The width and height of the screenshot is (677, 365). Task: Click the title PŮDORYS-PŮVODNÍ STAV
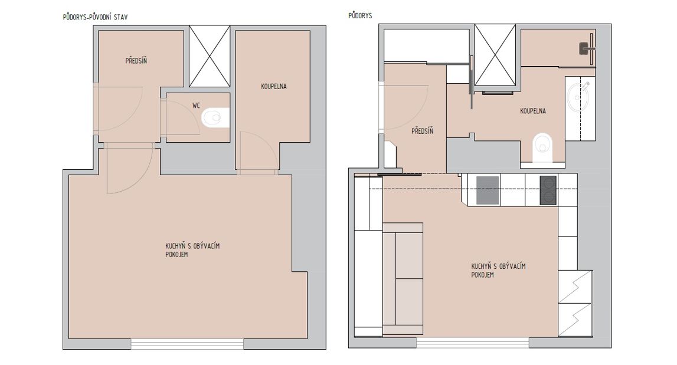coord(96,17)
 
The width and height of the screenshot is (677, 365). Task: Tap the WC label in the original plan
coord(197,106)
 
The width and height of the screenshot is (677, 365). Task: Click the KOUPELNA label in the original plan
coord(274,86)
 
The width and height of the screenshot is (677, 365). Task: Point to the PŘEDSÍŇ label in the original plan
coord(136,61)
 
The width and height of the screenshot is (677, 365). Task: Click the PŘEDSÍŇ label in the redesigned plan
coord(422,131)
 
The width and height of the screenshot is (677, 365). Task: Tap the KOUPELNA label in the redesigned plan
coord(533,111)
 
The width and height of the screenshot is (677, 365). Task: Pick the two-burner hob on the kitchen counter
coord(548,190)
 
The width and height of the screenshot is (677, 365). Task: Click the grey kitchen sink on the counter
coord(488,190)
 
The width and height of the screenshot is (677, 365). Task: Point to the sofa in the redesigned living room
coord(403,279)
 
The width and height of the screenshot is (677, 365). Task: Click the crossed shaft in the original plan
coord(210,57)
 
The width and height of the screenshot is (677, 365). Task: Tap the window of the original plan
coord(187,344)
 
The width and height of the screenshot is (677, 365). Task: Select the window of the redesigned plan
coord(473,343)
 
